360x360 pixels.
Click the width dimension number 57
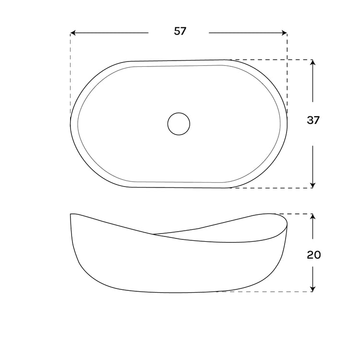pyautogui.click(x=180, y=31)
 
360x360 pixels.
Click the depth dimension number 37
pyautogui.click(x=313, y=120)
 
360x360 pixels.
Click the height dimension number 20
pyautogui.click(x=313, y=255)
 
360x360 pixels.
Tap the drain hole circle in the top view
pyautogui.click(x=179, y=124)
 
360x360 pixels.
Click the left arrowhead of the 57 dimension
pyautogui.click(x=73, y=33)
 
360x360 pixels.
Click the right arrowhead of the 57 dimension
pyautogui.click(x=284, y=33)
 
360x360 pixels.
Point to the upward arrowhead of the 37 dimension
pyautogui.click(x=312, y=62)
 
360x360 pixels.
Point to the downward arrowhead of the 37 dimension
pyautogui.click(x=312, y=185)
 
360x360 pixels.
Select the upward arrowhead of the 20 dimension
pyautogui.click(x=312, y=217)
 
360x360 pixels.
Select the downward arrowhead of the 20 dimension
pyautogui.click(x=312, y=289)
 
